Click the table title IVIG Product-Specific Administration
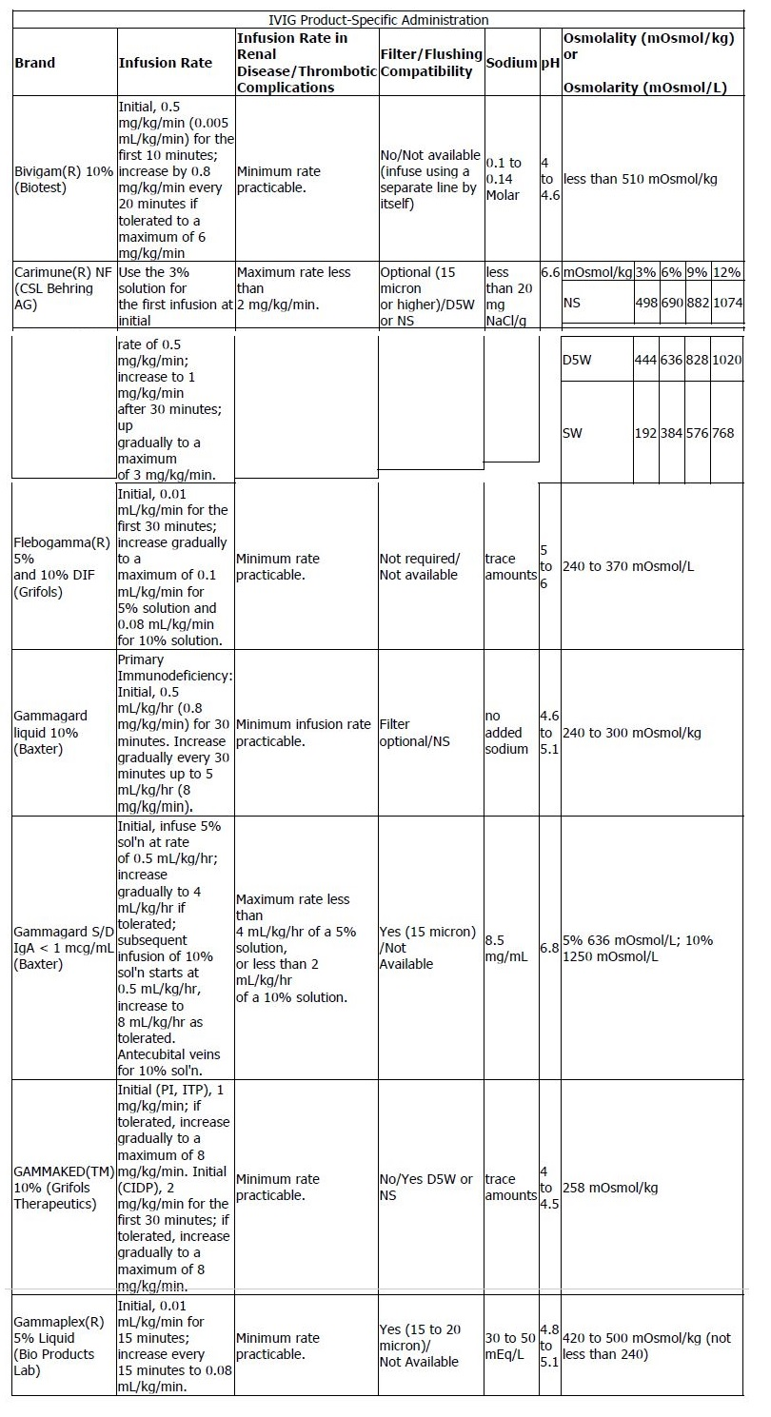(378, 19)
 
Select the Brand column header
(35, 63)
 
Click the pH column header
(550, 63)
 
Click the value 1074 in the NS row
(726, 303)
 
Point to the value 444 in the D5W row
(646, 362)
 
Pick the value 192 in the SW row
(646, 432)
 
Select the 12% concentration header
(726, 272)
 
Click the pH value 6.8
(550, 948)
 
